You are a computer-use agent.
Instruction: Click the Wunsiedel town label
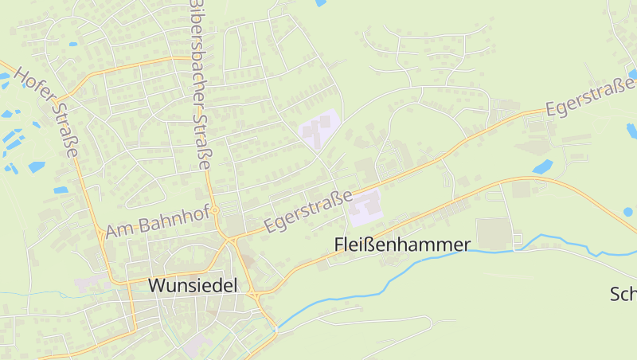pyautogui.click(x=193, y=285)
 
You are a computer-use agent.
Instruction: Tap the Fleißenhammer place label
pyautogui.click(x=402, y=245)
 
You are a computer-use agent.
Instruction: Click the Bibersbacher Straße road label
pyautogui.click(x=199, y=84)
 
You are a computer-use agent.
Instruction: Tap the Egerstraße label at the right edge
pyautogui.click(x=590, y=100)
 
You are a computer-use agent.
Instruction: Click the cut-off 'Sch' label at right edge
pyautogui.click(x=623, y=294)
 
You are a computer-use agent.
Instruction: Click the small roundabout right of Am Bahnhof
pyautogui.click(x=215, y=211)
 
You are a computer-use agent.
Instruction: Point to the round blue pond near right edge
pyautogui.click(x=628, y=212)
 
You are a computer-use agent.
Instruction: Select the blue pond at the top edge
pyautogui.click(x=320, y=3)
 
